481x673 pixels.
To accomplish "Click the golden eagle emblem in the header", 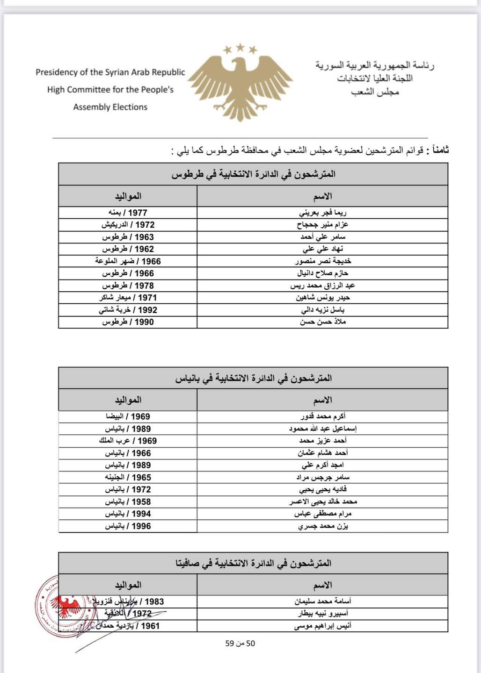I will coord(240,84).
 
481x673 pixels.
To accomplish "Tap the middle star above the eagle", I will coord(240,46).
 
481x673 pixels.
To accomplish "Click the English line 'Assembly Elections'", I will coord(110,107).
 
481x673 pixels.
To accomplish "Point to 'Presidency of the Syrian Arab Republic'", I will coord(110,72).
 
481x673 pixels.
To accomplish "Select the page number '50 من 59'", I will coord(240,644).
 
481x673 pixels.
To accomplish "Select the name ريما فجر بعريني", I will coord(322,213).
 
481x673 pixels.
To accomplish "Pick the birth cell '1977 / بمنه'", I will coord(128,213).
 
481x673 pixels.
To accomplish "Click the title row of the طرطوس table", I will coord(253,174).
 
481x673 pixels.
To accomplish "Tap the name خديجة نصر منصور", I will coord(322,261).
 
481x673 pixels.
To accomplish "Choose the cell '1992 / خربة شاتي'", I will coord(128,310).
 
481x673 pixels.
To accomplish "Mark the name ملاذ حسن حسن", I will coord(322,322).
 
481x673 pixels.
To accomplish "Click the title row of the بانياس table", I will coord(253,378).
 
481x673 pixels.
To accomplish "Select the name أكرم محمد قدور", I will coord(322,416).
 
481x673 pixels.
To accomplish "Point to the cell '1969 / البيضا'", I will coord(128,416).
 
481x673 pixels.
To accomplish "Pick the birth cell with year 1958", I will coord(128,501).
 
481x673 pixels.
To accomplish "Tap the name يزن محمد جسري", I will coord(322,526).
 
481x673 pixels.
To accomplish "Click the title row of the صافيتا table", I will coord(253,563).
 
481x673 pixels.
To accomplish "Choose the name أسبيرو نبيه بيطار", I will coord(322,614).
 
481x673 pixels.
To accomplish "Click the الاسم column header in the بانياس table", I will coord(322,400).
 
